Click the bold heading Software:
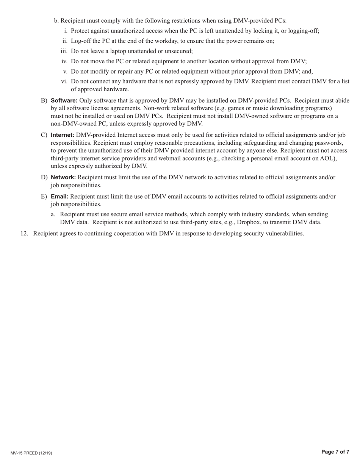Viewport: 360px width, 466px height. (x=64, y=100)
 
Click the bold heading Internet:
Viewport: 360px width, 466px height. (x=63, y=135)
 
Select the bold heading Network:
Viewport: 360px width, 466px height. (x=63, y=177)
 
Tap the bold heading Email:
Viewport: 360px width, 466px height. (x=59, y=196)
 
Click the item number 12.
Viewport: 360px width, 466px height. (x=24, y=233)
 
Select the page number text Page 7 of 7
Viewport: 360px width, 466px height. (x=335, y=452)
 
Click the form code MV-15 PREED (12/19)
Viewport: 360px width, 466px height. (x=31, y=453)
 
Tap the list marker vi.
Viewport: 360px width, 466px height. (x=64, y=81)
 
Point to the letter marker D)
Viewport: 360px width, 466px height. (x=44, y=177)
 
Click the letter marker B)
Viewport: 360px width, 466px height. (x=44, y=100)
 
